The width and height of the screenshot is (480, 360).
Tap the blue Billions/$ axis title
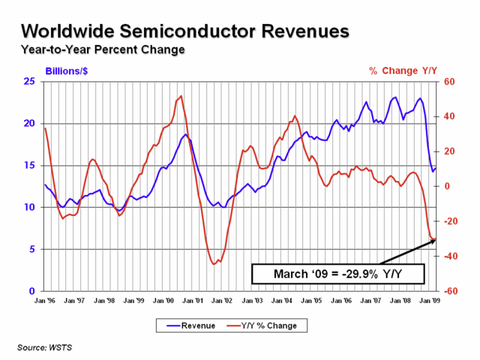pyautogui.click(x=67, y=71)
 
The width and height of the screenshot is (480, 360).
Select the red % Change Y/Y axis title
pyautogui.click(x=403, y=70)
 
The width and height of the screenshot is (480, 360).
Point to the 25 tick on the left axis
pyautogui.click(x=29, y=82)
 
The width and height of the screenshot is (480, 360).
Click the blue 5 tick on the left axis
pyautogui.click(x=32, y=249)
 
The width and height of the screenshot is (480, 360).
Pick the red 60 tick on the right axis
pyautogui.click(x=449, y=82)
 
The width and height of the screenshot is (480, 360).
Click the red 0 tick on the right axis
pyautogui.click(x=447, y=186)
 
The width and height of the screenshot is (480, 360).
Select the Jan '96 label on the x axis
pyautogui.click(x=45, y=301)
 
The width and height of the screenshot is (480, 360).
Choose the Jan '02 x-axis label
pyautogui.click(x=222, y=301)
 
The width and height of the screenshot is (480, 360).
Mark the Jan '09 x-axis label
pyautogui.click(x=430, y=301)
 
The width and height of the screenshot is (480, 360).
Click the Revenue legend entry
pyautogui.click(x=190, y=325)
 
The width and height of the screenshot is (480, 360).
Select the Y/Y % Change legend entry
pyautogui.click(x=262, y=325)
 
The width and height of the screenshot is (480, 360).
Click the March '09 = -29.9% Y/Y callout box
pyautogui.click(x=338, y=274)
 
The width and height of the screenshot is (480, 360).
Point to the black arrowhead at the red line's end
pyautogui.click(x=433, y=241)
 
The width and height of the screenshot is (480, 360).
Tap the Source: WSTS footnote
pyautogui.click(x=45, y=347)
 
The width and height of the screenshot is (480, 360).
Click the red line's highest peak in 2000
pyautogui.click(x=181, y=96)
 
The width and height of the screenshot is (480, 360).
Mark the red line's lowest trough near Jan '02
pyautogui.click(x=214, y=264)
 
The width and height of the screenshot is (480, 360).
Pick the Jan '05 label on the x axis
pyautogui.click(x=311, y=301)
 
